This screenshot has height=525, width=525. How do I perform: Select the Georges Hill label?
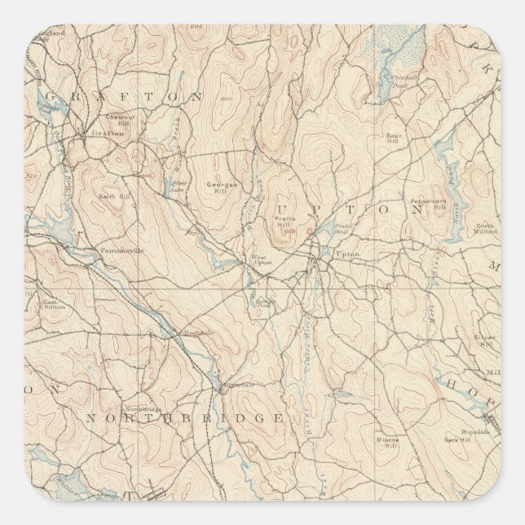click(x=221, y=186)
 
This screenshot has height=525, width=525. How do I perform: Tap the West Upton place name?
click(x=259, y=261)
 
